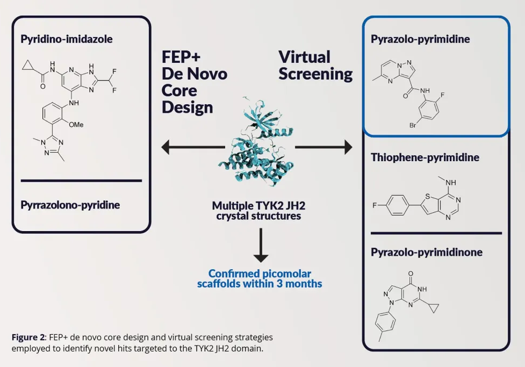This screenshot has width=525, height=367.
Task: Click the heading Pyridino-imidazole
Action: (67, 39)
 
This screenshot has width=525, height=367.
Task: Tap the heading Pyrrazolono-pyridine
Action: (70, 205)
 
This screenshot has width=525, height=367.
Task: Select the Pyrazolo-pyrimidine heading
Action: (420, 39)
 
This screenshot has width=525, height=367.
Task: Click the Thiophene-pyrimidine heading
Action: (425, 157)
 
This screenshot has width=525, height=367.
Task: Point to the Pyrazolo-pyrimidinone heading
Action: (427, 252)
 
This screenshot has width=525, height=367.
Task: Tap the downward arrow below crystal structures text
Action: (260, 245)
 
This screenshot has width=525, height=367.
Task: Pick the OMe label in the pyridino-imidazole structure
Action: (77, 124)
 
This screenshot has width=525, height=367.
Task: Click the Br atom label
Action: (413, 125)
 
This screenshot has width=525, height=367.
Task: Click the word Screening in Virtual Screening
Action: (315, 74)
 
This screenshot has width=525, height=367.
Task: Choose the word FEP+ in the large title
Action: (181, 57)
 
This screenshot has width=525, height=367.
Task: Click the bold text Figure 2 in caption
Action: (28, 337)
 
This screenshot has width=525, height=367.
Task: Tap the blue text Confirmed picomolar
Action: (260, 274)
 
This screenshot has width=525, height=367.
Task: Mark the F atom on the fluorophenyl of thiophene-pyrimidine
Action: (376, 206)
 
